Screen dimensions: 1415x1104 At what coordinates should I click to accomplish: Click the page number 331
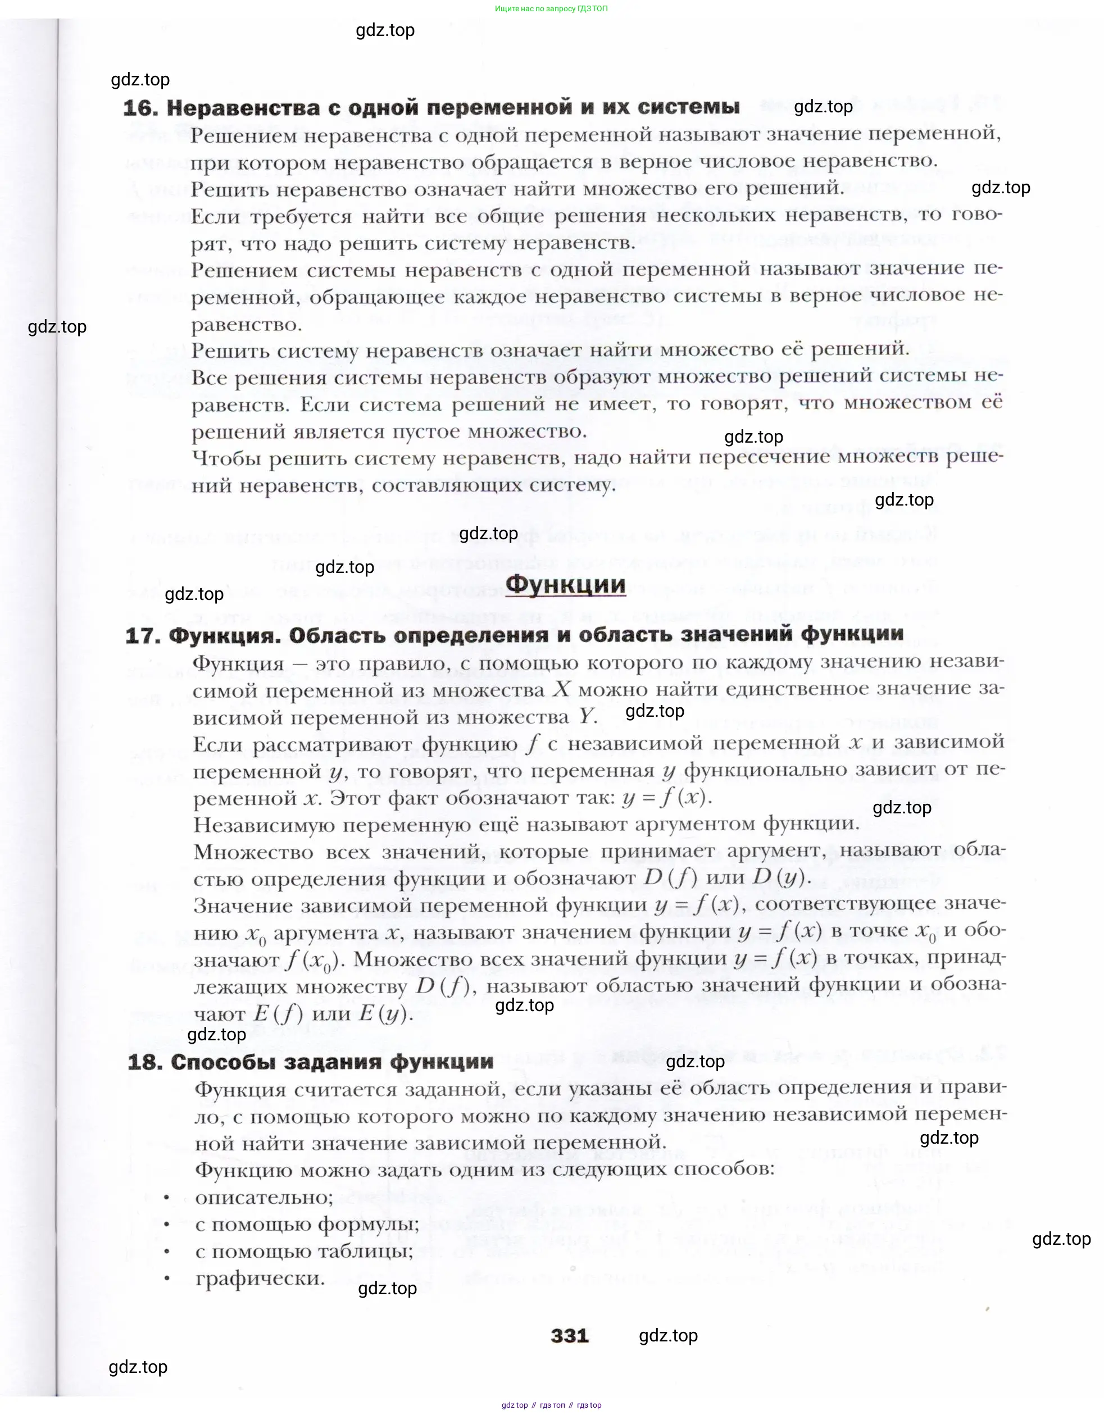pos(570,1336)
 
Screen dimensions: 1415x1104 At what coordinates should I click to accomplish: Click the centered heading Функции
pos(565,585)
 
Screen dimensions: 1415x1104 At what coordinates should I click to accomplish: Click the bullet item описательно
pos(264,1196)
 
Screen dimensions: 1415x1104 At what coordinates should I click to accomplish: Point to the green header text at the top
pos(551,9)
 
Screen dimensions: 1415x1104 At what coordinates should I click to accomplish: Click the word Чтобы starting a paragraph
pos(227,459)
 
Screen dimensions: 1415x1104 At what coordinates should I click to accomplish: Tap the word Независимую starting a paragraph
pos(263,825)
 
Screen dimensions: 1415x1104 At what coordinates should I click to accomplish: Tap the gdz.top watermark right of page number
pos(668,1336)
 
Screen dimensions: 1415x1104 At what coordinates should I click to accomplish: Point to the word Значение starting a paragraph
pos(243,906)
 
